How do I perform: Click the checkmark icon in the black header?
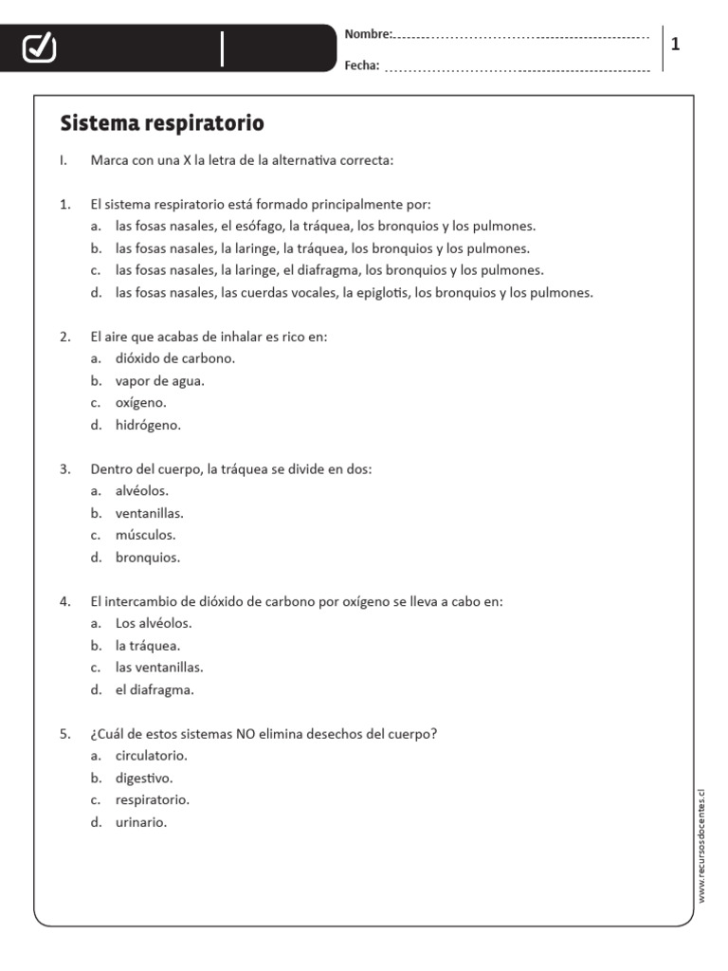pos(39,47)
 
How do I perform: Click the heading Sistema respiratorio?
pos(162,123)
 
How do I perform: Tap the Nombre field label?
pos(368,34)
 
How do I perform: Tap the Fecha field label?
pos(362,65)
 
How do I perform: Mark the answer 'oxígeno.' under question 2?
pos(140,403)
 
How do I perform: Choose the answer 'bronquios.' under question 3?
pos(147,558)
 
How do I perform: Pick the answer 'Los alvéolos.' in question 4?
pos(154,623)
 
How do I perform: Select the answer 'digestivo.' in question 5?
pos(144,778)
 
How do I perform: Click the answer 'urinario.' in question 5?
pos(141,822)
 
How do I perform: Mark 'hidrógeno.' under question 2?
pos(148,425)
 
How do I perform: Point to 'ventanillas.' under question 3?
pos(150,513)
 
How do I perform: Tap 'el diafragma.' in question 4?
pos(155,689)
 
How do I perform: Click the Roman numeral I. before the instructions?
pos(63,160)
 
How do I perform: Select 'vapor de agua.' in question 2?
pos(159,380)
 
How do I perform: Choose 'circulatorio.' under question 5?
pos(152,756)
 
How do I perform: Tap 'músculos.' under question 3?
pos(145,535)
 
